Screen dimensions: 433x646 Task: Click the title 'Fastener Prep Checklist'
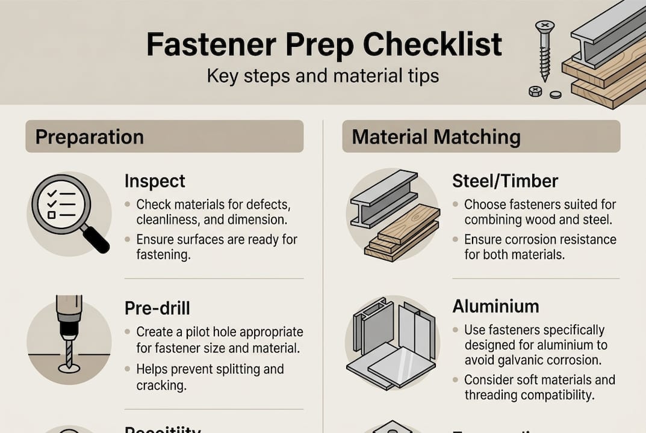(x=323, y=45)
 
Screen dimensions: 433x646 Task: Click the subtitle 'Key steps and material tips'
(x=323, y=76)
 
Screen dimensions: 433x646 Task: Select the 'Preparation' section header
(x=89, y=137)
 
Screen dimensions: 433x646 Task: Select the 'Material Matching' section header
(x=436, y=137)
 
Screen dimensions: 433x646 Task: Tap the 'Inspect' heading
(x=155, y=181)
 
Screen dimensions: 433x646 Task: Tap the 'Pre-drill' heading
(x=157, y=308)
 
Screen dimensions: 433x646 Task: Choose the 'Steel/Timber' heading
(x=505, y=181)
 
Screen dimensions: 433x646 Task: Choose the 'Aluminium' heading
(x=495, y=307)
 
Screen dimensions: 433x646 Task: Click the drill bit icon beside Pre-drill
(x=68, y=336)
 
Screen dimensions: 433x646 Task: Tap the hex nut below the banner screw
(x=534, y=91)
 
